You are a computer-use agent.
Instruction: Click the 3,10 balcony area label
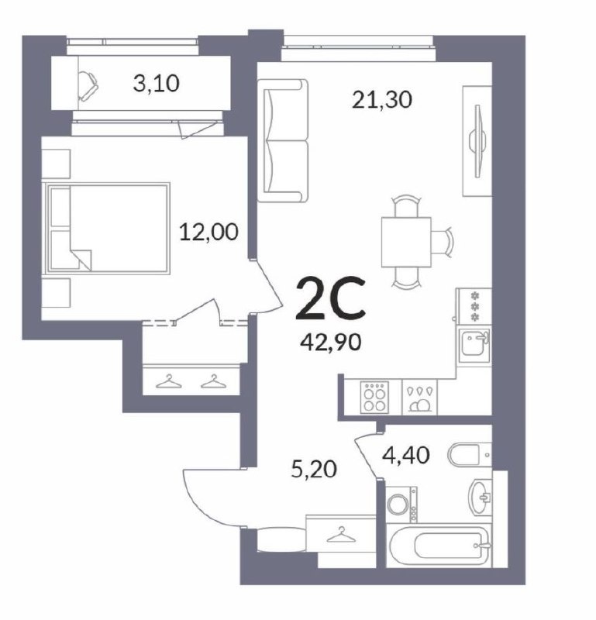tap(157, 84)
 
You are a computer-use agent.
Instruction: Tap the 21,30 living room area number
tap(382, 100)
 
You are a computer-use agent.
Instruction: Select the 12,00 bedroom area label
tap(208, 232)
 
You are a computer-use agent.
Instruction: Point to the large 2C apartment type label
tap(331, 298)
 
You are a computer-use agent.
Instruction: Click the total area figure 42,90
tap(331, 342)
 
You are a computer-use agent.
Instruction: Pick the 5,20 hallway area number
tap(314, 470)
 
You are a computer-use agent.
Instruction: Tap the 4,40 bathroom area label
tap(406, 455)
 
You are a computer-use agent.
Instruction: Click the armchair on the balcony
tap(88, 86)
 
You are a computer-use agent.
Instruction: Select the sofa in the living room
tap(282, 140)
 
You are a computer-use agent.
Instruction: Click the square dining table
tap(406, 242)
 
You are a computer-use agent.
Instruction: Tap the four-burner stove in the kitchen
tap(374, 397)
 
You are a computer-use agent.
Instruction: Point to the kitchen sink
tap(474, 345)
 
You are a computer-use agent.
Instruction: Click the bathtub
tap(438, 546)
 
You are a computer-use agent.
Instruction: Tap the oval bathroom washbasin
tap(480, 496)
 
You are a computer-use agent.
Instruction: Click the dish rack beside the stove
tap(419, 397)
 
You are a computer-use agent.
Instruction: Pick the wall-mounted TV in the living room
tap(477, 141)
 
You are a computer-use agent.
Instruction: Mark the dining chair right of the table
tap(442, 242)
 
